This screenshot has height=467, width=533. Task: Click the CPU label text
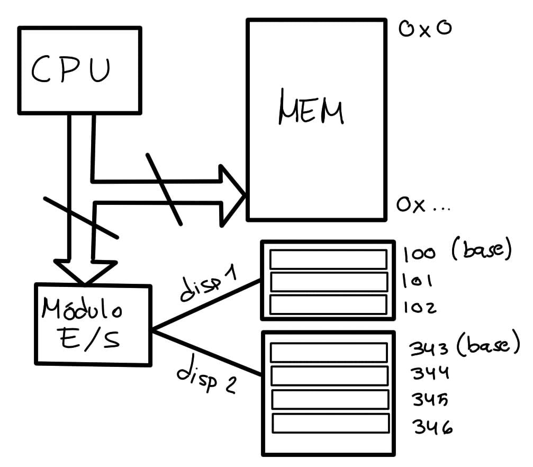click(x=71, y=70)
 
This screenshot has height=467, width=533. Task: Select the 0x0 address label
click(x=425, y=29)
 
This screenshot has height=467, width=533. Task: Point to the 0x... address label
click(x=422, y=205)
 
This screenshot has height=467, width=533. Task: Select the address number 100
click(x=419, y=255)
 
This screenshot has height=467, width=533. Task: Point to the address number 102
click(x=419, y=307)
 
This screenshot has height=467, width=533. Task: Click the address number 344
click(x=430, y=373)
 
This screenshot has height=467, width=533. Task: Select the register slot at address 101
click(x=328, y=282)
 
